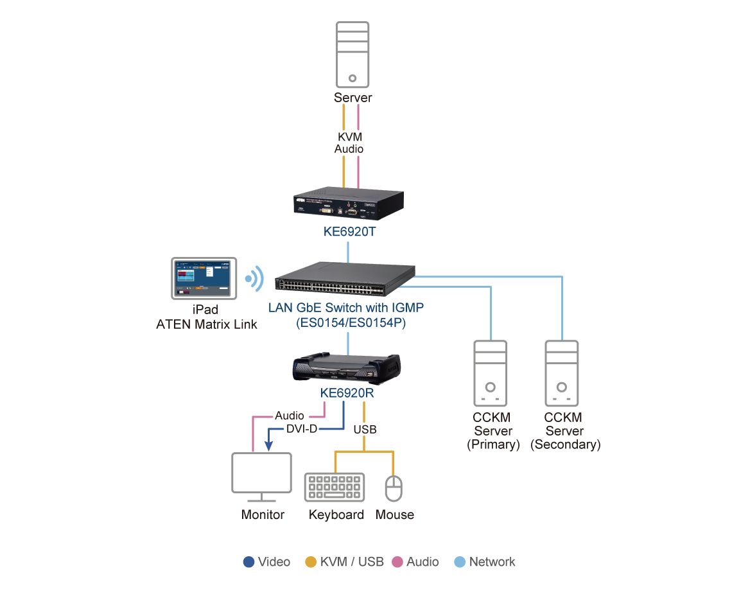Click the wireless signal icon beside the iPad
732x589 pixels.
point(255,278)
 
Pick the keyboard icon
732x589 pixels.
point(335,487)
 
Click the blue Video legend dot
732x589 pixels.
point(249,562)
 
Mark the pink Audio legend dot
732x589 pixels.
point(397,562)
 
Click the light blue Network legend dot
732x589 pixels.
point(460,562)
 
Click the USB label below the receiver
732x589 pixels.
point(365,429)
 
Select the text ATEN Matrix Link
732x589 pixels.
point(207,324)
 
